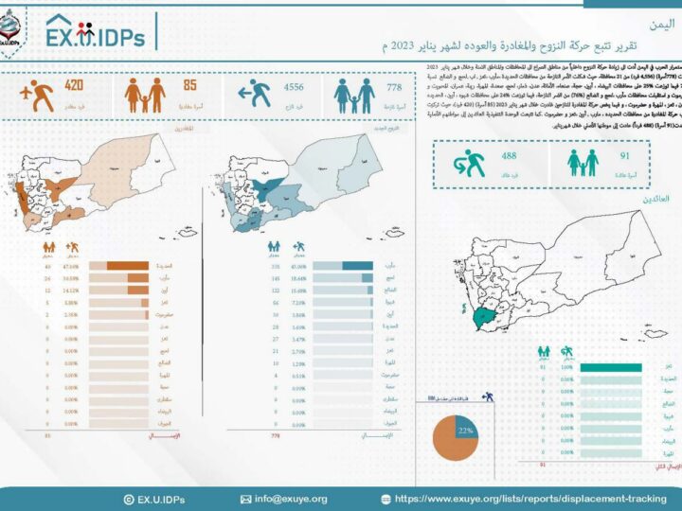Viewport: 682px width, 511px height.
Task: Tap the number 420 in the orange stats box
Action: (x=74, y=87)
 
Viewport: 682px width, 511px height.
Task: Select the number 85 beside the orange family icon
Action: (x=189, y=87)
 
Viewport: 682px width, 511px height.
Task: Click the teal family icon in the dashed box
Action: (x=583, y=162)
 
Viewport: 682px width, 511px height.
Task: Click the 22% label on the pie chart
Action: (x=465, y=430)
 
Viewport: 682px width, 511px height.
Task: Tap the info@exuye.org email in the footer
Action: (x=290, y=499)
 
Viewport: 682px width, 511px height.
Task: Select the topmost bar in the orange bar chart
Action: (x=127, y=266)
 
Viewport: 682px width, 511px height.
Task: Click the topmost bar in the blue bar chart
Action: (x=357, y=266)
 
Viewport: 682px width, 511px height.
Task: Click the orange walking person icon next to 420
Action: (x=36, y=96)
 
